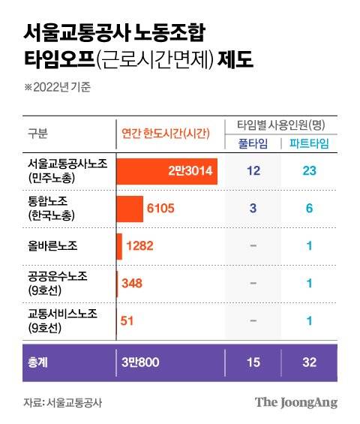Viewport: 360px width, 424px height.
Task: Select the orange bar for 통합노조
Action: [130, 208]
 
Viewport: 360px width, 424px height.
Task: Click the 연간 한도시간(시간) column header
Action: [169, 134]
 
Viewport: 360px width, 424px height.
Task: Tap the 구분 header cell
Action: [37, 134]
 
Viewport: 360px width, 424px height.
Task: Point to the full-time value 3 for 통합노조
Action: [253, 208]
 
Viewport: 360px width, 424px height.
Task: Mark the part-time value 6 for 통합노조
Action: [309, 208]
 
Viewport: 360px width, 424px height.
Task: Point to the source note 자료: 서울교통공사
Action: [62, 403]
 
